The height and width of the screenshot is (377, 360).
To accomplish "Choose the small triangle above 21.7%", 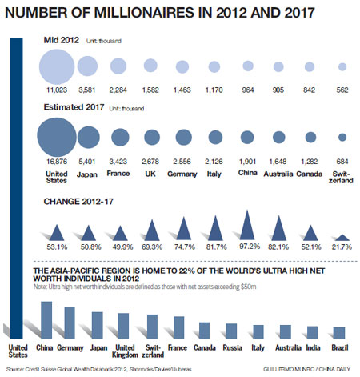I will (x=342, y=238).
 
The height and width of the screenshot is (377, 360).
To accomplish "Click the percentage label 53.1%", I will (x=56, y=248).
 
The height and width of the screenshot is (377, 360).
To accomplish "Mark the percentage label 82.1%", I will (x=279, y=248).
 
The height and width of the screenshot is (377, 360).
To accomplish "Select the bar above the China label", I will (x=46, y=319).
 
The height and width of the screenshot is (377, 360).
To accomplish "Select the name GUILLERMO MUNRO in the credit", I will (x=284, y=368).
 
